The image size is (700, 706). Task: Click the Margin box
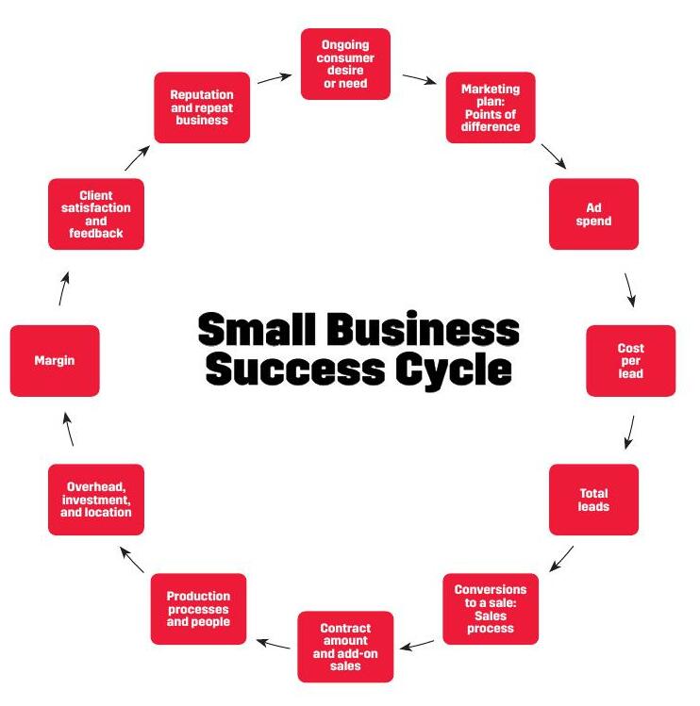(55, 361)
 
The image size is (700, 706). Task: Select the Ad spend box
(593, 214)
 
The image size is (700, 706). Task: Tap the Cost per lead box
(630, 361)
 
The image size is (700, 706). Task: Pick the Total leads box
(593, 500)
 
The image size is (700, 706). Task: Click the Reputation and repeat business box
(202, 107)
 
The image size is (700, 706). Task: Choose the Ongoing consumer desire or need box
(345, 64)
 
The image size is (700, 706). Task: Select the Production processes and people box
(198, 609)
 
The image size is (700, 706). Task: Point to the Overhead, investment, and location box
(96, 500)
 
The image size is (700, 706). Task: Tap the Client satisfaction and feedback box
(96, 214)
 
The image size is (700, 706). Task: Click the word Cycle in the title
(454, 370)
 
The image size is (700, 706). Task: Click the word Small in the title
(256, 328)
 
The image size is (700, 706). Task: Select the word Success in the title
(295, 369)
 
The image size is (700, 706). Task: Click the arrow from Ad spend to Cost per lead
(629, 290)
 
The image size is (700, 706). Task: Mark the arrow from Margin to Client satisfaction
(63, 288)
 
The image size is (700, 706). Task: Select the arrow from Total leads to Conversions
(561, 559)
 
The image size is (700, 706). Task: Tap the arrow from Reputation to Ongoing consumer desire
(275, 78)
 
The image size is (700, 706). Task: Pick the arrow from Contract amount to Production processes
(274, 644)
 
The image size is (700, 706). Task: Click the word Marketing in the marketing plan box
(491, 90)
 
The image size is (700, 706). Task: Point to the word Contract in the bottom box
(345, 628)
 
